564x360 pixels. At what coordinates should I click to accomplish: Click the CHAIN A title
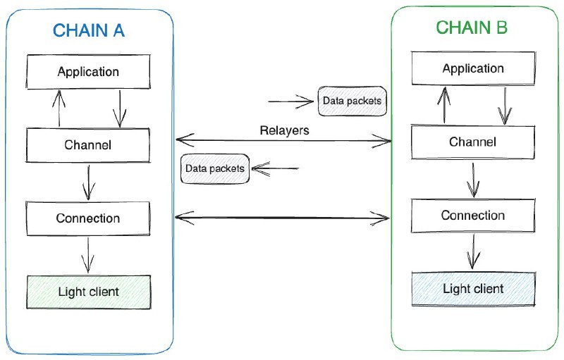[89, 31]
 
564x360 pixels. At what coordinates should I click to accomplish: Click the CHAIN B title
[472, 27]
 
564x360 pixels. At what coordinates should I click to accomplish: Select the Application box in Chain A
[88, 72]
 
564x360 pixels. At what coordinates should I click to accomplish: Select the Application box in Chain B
[473, 69]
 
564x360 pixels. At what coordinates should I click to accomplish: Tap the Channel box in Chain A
[88, 145]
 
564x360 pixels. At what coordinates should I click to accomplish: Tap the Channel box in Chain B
[473, 142]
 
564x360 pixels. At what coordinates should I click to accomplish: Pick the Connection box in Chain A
[88, 218]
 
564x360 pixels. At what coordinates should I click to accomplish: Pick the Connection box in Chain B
[473, 216]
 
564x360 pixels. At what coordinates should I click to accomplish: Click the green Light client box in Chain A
[88, 292]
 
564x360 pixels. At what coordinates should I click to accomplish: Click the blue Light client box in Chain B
[473, 289]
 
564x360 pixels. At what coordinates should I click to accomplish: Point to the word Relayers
[284, 130]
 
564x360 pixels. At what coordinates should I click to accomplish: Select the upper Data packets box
[352, 101]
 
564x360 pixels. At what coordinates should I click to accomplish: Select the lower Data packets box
[215, 169]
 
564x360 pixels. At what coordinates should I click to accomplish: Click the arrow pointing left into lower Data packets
[276, 169]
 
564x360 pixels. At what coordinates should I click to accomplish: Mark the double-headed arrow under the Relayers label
[283, 141]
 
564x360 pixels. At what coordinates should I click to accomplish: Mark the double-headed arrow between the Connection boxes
[283, 218]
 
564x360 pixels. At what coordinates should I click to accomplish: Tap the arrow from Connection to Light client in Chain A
[88, 254]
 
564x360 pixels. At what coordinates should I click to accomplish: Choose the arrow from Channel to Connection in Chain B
[473, 180]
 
